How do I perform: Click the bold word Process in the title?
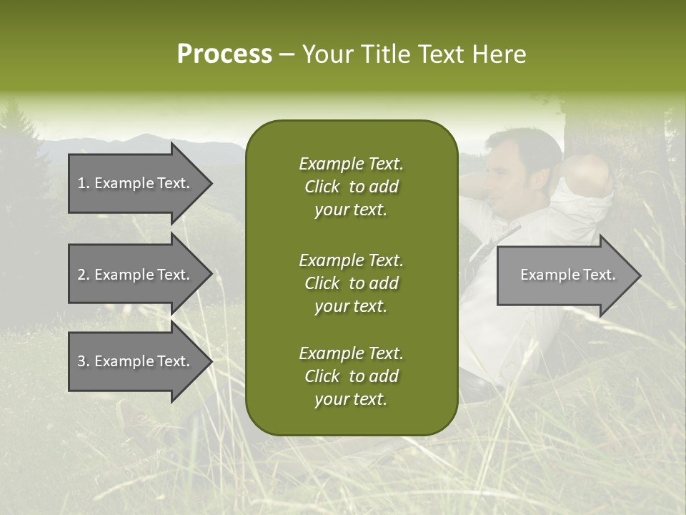[x=224, y=54]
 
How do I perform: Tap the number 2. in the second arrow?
[x=84, y=275]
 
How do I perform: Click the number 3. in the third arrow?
[x=84, y=361]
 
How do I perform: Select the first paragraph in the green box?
[x=351, y=186]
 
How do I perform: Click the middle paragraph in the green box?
[x=351, y=283]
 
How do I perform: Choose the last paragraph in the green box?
[x=351, y=376]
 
